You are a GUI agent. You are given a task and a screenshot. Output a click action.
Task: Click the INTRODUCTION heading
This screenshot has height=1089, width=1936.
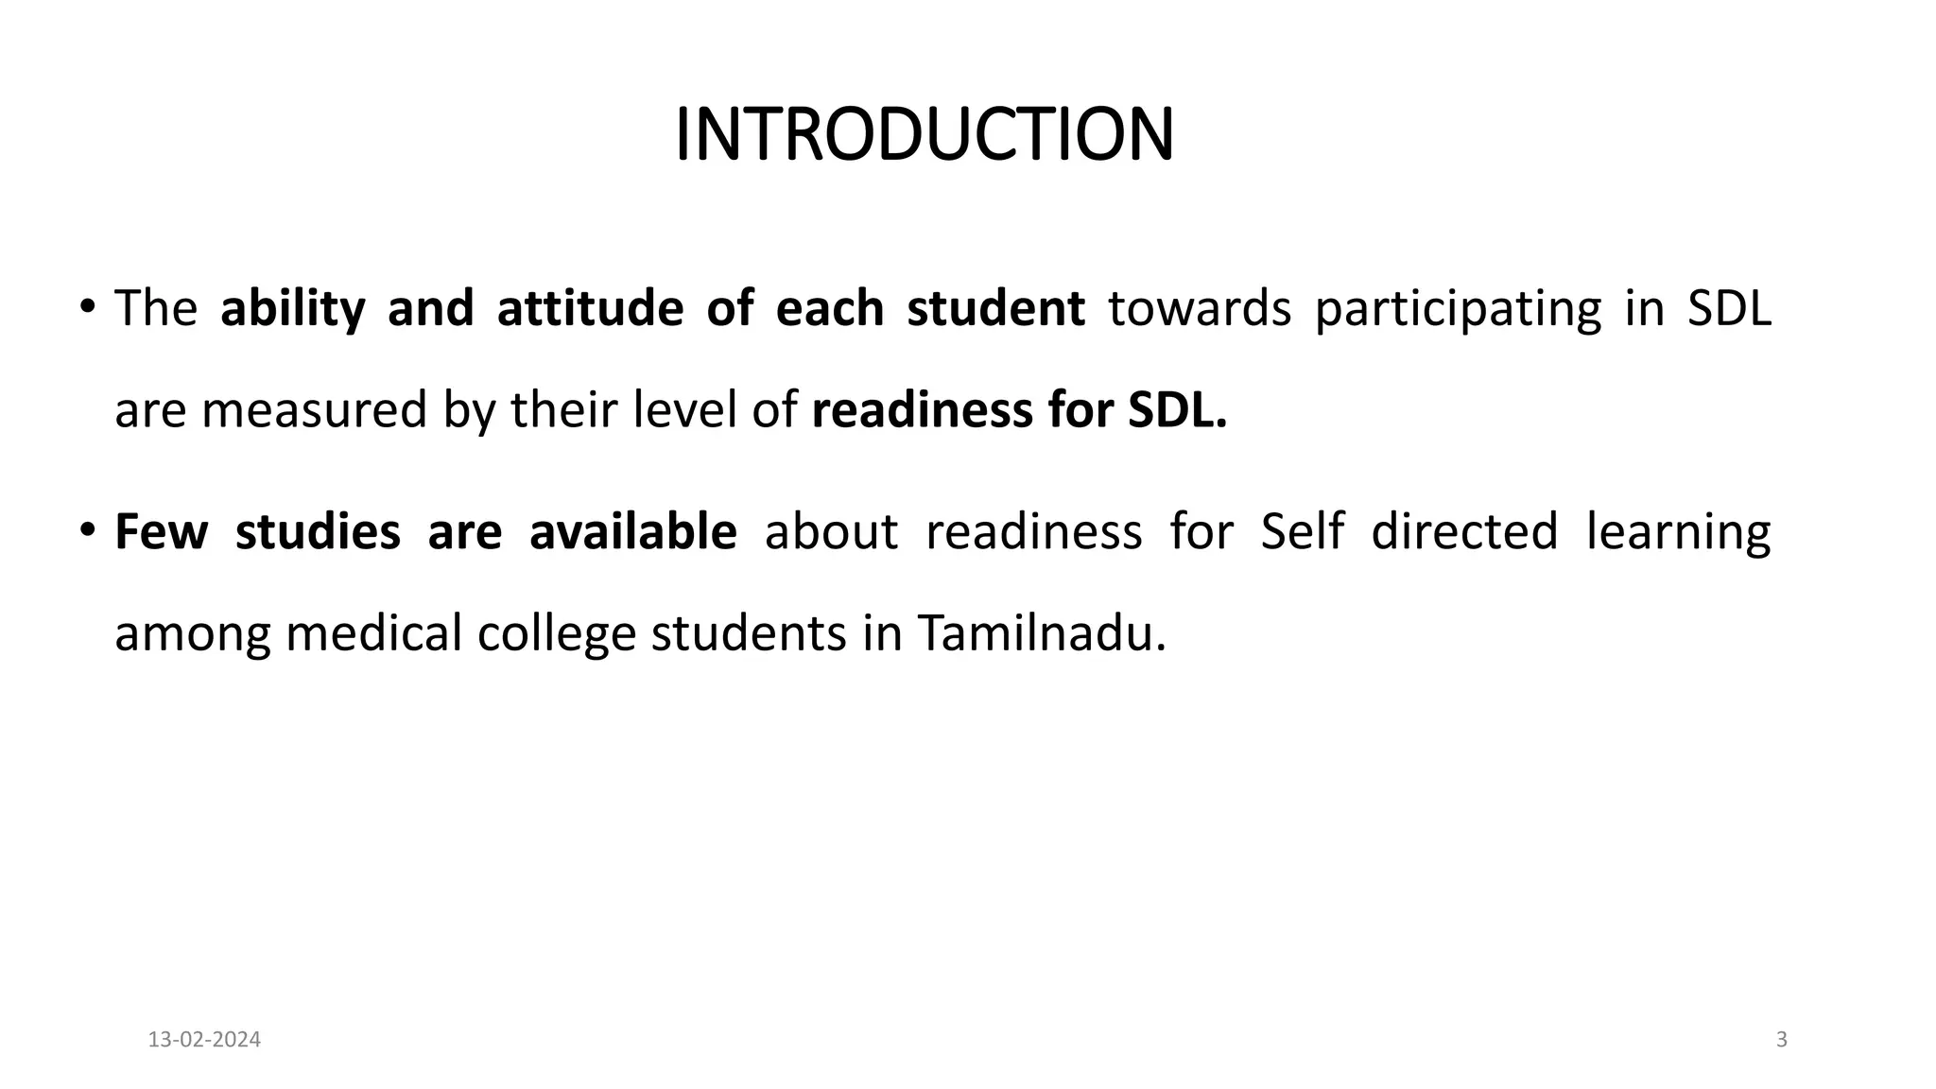pyautogui.click(x=925, y=135)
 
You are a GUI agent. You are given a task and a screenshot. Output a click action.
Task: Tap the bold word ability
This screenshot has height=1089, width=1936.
pyautogui.click(x=292, y=309)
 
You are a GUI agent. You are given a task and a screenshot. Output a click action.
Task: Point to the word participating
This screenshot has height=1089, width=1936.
pyautogui.click(x=1458, y=309)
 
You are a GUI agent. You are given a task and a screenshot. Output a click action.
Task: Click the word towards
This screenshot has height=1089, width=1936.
pyautogui.click(x=1199, y=309)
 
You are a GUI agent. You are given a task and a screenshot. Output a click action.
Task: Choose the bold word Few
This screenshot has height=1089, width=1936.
pyautogui.click(x=161, y=531)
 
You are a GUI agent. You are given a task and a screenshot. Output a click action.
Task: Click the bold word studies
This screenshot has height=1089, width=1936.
pyautogui.click(x=318, y=531)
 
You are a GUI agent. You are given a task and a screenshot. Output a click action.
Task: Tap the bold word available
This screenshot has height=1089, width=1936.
pyautogui.click(x=632, y=531)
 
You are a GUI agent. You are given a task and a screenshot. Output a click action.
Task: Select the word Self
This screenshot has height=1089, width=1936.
pyautogui.click(x=1302, y=531)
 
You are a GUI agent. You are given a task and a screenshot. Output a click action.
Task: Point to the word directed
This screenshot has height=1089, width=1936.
pyautogui.click(x=1464, y=531)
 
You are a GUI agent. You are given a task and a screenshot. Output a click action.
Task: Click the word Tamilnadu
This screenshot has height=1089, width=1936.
pyautogui.click(x=1041, y=633)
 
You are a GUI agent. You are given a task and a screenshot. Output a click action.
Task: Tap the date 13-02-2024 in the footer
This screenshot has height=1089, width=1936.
pyautogui.click(x=204, y=1040)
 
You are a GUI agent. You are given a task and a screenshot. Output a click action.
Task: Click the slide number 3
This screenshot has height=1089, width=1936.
pyautogui.click(x=1782, y=1040)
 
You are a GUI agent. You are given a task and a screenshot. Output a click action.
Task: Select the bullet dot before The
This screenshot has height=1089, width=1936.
pyautogui.click(x=87, y=306)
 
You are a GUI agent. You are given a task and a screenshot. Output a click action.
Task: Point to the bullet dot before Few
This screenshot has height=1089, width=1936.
pyautogui.click(x=87, y=528)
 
